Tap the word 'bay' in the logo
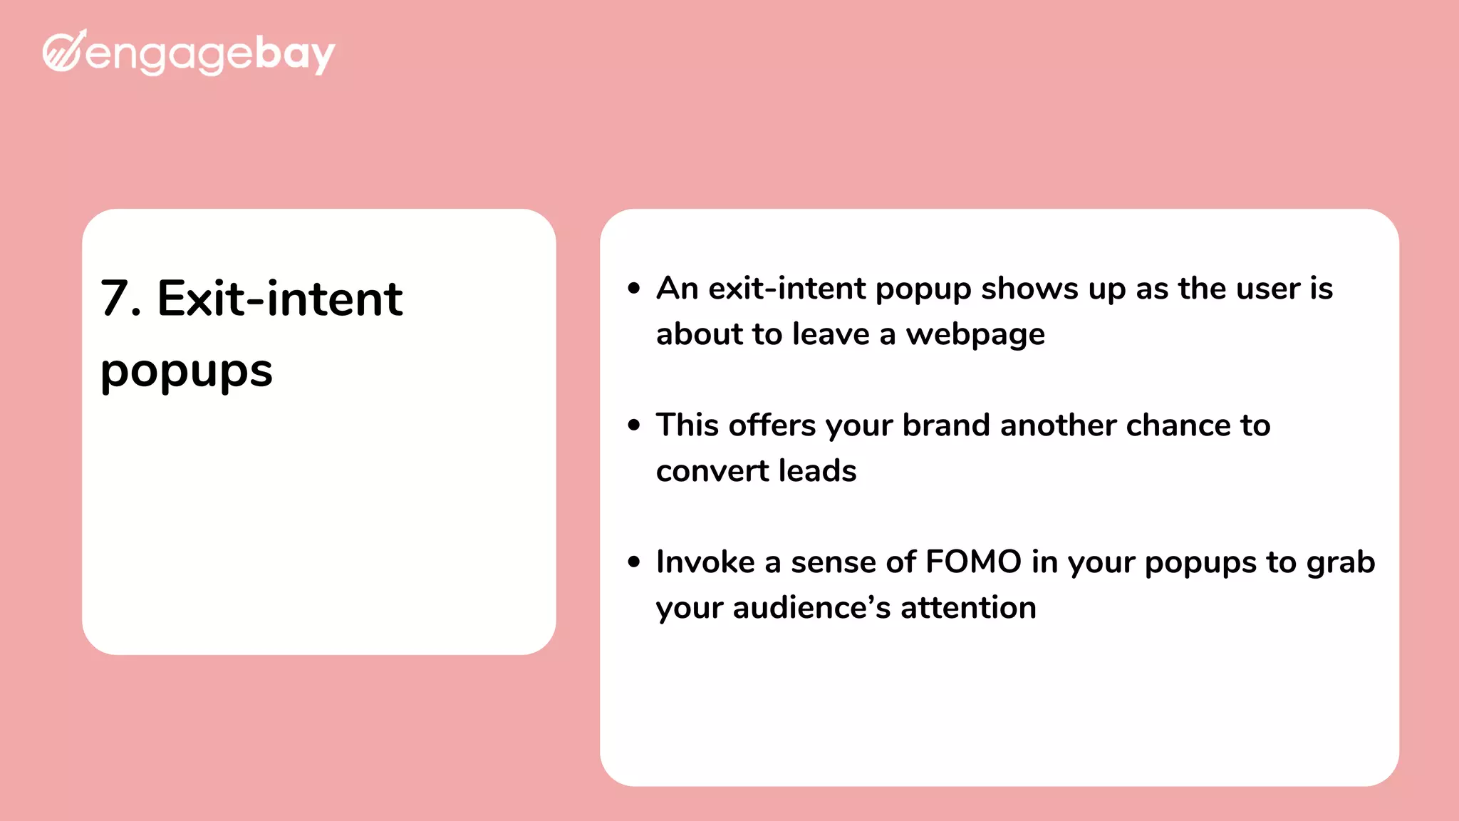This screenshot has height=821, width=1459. point(294,54)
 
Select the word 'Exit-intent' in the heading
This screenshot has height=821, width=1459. point(279,298)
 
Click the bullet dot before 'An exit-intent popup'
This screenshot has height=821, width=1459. point(634,288)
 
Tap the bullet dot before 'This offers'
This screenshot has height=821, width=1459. point(634,425)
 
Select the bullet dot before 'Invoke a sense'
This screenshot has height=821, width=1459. point(634,562)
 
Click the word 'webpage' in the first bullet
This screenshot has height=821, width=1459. point(975,335)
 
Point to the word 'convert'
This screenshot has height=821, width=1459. point(712,471)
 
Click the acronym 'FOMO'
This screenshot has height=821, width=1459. point(973,562)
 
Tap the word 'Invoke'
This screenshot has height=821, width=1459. point(705,562)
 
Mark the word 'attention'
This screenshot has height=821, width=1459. point(968,608)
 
